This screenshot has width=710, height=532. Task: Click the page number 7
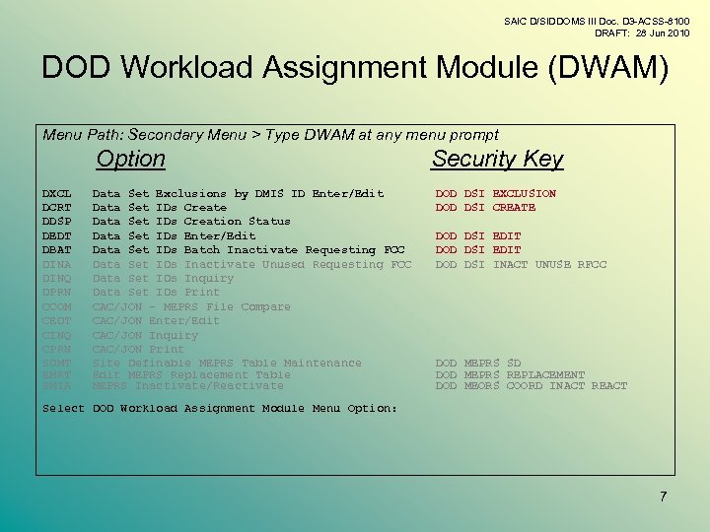click(x=664, y=497)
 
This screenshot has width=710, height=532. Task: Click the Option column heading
click(x=131, y=159)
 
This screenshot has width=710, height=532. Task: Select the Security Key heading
click(x=497, y=160)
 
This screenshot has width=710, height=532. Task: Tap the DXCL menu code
click(x=57, y=194)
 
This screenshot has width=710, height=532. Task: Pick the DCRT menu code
click(x=57, y=208)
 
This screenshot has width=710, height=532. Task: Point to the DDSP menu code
click(x=57, y=222)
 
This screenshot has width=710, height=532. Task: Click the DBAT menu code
click(x=57, y=250)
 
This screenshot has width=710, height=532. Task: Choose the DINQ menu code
click(x=57, y=279)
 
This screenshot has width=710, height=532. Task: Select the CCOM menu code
click(x=57, y=307)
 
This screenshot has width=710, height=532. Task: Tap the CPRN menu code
click(x=57, y=350)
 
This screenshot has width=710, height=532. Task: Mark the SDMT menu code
click(x=57, y=364)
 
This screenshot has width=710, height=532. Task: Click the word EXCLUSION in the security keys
click(x=524, y=194)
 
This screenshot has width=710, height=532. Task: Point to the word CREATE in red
click(x=514, y=208)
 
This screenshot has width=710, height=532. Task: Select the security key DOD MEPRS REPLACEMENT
click(x=510, y=375)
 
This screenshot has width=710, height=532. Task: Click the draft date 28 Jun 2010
click(x=663, y=33)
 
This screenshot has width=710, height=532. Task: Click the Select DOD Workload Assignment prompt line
click(x=220, y=409)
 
